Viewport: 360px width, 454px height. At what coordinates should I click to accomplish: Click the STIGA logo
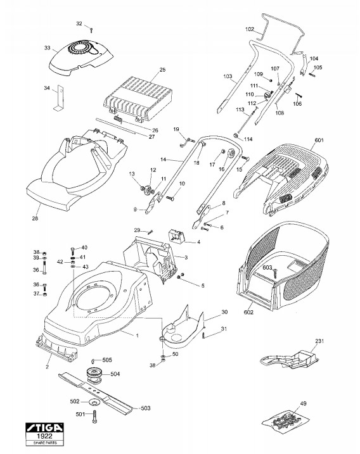44,428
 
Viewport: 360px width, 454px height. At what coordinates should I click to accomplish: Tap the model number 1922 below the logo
44,436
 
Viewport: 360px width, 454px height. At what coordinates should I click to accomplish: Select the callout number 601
319,141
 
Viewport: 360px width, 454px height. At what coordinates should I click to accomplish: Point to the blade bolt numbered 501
94,417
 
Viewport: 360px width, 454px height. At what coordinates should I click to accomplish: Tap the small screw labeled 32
91,30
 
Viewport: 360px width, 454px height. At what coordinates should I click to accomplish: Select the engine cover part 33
81,58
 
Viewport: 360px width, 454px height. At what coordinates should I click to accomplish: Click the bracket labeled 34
60,98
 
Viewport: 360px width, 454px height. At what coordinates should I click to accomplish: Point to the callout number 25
163,70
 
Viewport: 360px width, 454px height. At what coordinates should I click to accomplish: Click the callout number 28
35,218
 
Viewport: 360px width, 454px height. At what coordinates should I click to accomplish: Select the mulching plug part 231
290,360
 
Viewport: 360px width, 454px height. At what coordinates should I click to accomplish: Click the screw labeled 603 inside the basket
274,274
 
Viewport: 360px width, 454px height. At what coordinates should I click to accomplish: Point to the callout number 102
250,29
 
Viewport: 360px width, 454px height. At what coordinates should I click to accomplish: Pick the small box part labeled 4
177,235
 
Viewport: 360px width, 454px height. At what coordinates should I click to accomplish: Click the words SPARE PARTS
45,443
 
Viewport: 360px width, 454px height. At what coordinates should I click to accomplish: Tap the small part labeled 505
93,361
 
